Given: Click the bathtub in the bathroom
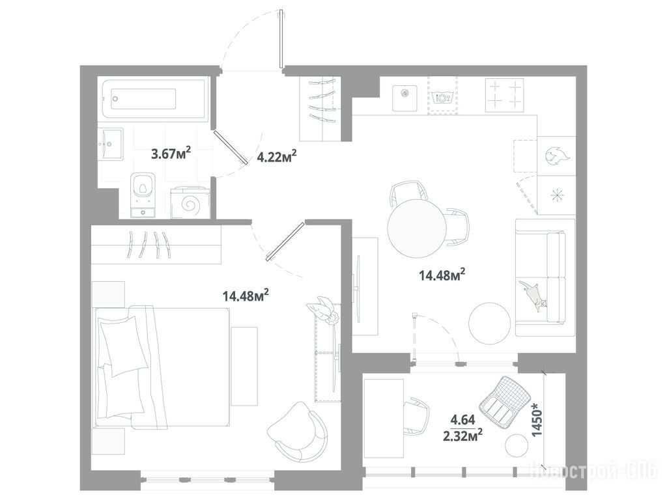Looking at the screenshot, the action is [154, 99].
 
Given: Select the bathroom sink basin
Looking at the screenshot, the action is [111, 144].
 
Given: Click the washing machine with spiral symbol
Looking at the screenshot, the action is [190, 202].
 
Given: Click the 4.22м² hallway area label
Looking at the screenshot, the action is [276, 157].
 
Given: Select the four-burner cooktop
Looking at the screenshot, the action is [505, 95].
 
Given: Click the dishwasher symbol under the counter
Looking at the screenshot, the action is [442, 97].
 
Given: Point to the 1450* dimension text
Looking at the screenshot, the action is [537, 421].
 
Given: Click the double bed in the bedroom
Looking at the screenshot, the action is [162, 367].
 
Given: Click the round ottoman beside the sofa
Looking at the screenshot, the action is [490, 323].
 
